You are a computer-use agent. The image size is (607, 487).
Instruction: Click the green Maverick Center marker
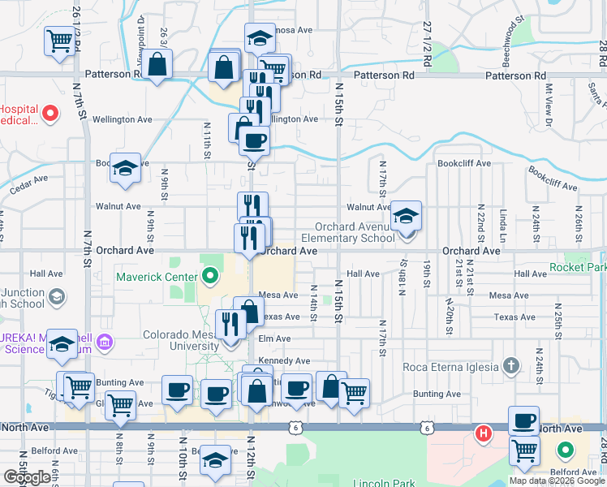(x=211, y=278)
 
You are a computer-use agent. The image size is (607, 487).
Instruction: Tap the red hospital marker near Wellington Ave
(x=50, y=114)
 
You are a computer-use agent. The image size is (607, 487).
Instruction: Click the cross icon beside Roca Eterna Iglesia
(x=510, y=366)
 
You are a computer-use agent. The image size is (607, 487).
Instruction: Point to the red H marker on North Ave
(x=484, y=433)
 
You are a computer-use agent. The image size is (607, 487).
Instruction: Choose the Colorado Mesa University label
(x=183, y=341)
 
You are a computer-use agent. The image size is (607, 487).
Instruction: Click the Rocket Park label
(x=578, y=267)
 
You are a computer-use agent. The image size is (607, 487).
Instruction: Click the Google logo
(x=27, y=477)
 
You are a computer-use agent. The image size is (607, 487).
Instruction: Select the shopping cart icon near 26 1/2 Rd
(x=59, y=40)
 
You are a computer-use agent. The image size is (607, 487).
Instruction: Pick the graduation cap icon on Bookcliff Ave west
(x=125, y=167)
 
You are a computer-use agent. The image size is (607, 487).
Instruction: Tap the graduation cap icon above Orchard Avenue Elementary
(x=406, y=215)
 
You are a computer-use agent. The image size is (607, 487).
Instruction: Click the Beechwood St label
(x=509, y=39)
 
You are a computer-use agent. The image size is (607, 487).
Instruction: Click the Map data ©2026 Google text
(x=557, y=481)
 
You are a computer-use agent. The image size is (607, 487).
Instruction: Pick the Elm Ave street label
(x=274, y=338)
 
